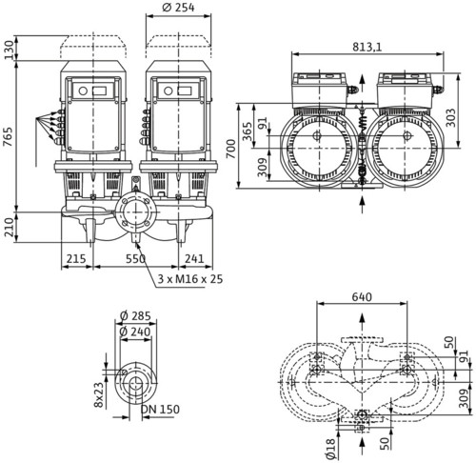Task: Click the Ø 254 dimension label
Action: pyautogui.click(x=178, y=8)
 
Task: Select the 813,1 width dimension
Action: pyautogui.click(x=367, y=47)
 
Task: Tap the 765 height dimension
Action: pyautogui.click(x=8, y=137)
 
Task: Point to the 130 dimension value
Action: pyautogui.click(x=10, y=50)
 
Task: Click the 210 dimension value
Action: pyautogui.click(x=10, y=227)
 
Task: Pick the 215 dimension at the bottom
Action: pyautogui.click(x=76, y=259)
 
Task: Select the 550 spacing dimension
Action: pyautogui.click(x=135, y=259)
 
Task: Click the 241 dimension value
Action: pyautogui.click(x=194, y=259)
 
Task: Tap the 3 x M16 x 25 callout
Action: pyautogui.click(x=190, y=279)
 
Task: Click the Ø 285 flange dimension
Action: pyautogui.click(x=135, y=316)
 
